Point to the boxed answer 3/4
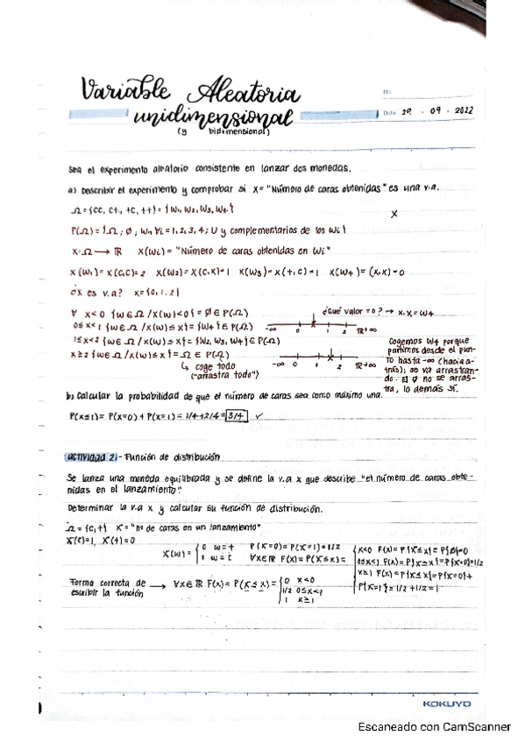(x=235, y=418)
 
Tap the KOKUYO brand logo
(x=447, y=704)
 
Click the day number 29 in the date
(x=407, y=113)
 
